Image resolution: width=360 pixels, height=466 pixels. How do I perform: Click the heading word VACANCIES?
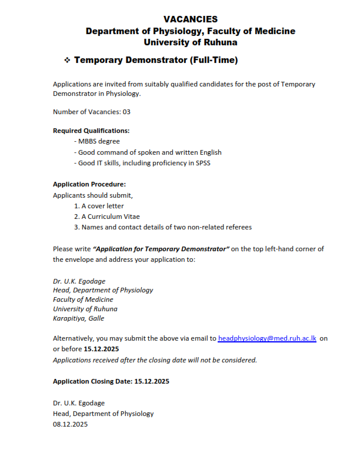point(190,19)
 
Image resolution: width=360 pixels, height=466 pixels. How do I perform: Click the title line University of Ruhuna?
point(191,42)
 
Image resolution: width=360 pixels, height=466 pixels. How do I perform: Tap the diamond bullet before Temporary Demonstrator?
point(67,61)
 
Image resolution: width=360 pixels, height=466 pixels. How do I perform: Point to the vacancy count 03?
point(126,112)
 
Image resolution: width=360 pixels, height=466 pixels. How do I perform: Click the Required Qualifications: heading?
point(91,131)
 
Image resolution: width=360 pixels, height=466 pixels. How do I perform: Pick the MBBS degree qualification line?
point(97,141)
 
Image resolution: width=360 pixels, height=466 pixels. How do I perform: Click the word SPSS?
point(202,163)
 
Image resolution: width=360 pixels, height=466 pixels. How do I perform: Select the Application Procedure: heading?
point(89,184)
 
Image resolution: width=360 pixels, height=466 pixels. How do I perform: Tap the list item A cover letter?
point(99,206)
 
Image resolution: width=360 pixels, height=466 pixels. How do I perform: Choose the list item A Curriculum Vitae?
point(106,217)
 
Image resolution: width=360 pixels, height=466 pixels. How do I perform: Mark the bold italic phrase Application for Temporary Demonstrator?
point(161,249)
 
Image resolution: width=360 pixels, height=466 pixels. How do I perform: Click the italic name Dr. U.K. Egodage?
point(79,281)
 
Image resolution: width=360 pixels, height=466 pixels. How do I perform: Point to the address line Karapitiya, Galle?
point(79,318)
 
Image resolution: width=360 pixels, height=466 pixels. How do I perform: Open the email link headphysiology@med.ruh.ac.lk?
point(267,338)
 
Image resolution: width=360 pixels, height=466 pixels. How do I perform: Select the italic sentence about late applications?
point(155,360)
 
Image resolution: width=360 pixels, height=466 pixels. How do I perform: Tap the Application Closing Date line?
point(111,381)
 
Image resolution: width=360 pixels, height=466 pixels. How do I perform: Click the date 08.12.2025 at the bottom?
point(70,424)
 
